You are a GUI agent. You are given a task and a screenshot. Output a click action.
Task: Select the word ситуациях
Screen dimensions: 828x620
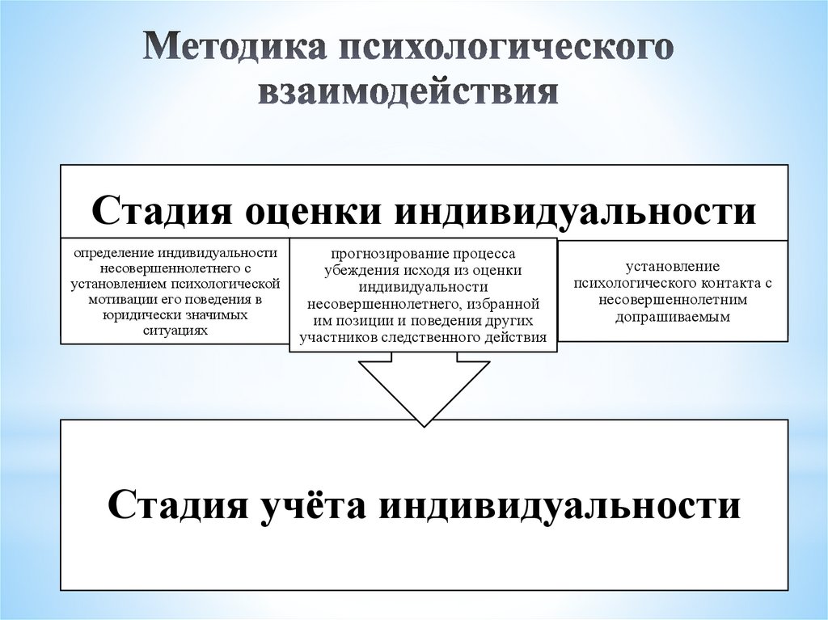click(175, 330)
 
